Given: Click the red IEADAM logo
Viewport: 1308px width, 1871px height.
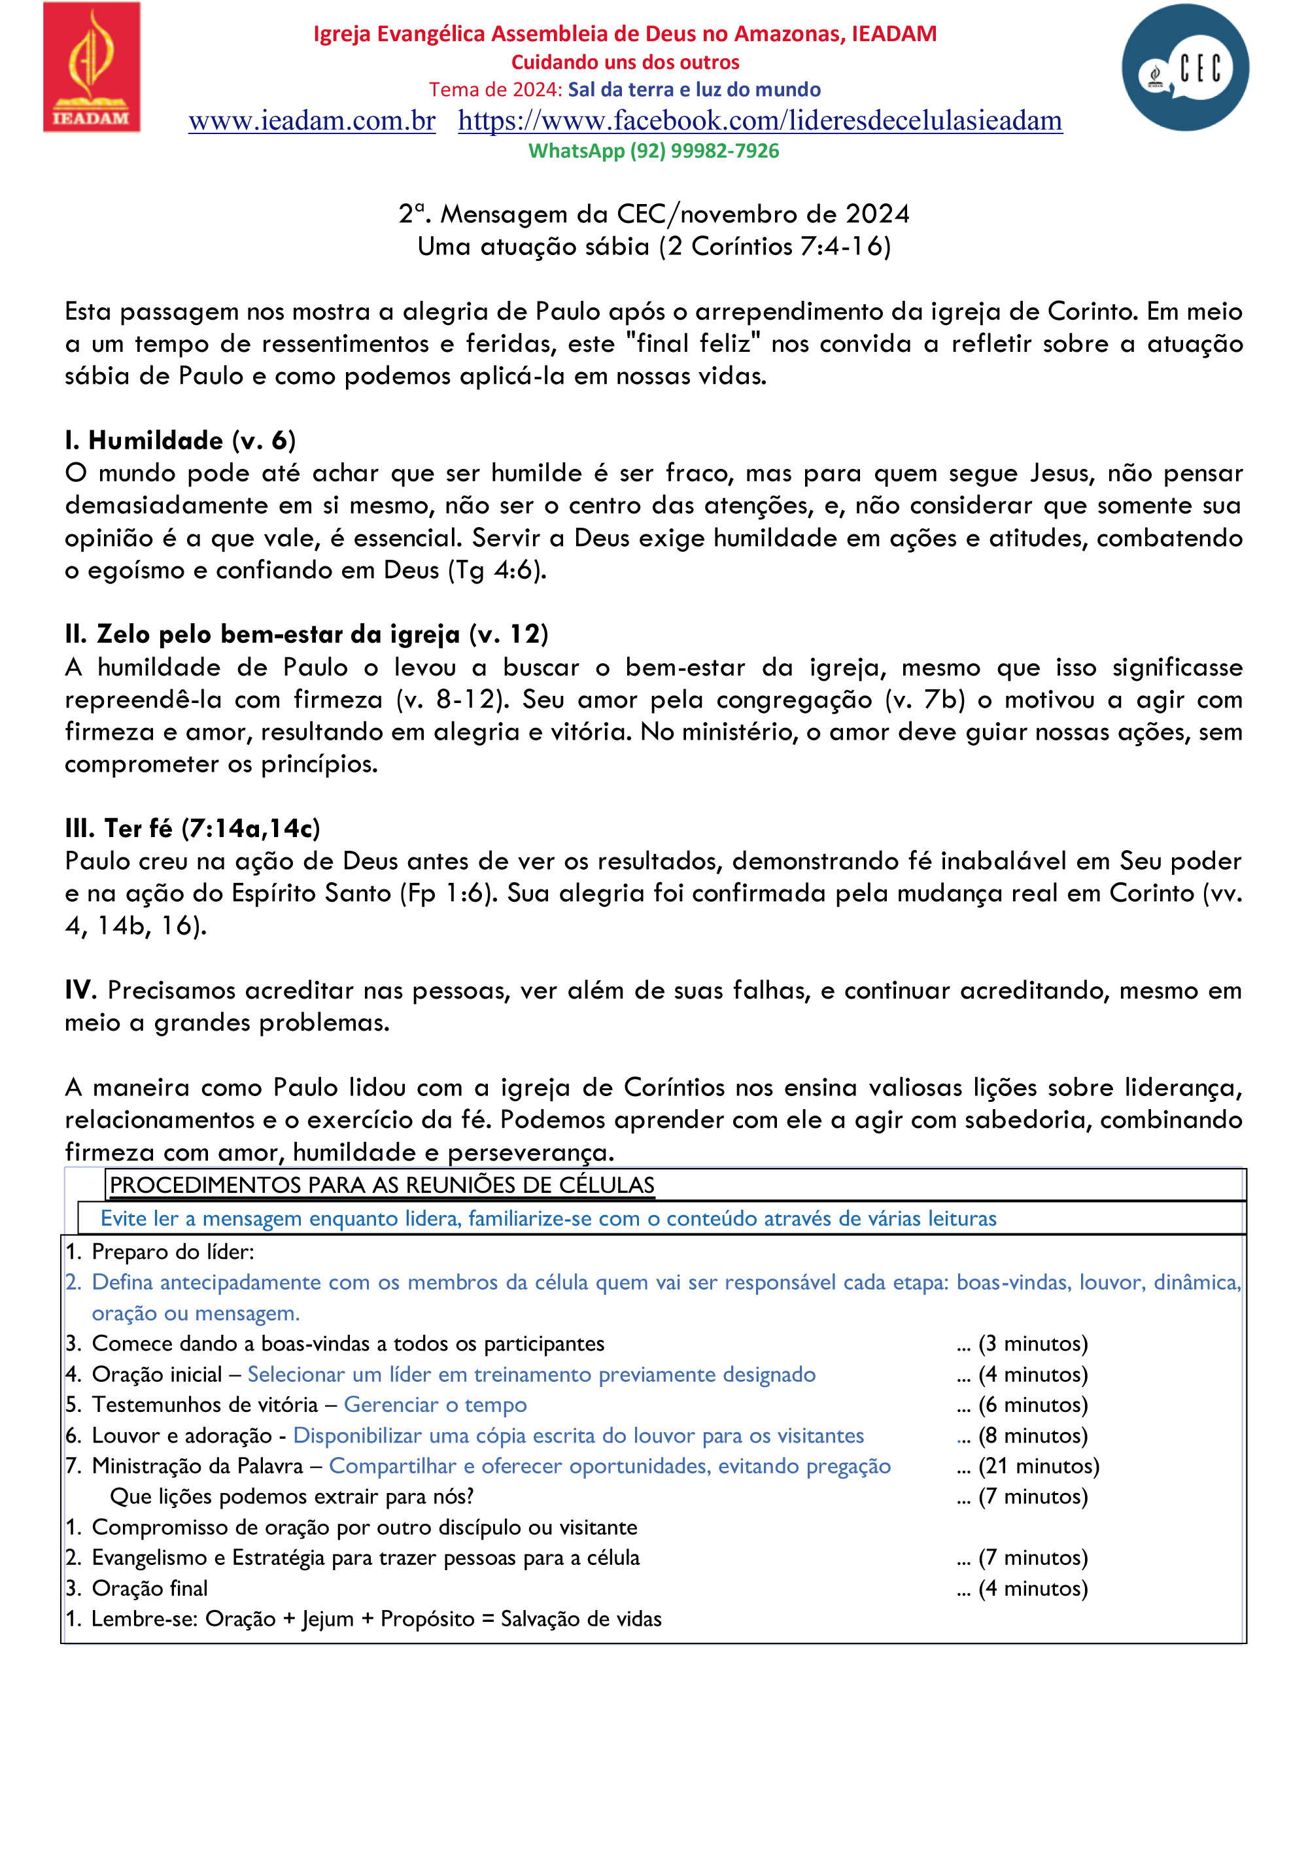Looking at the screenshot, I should [92, 67].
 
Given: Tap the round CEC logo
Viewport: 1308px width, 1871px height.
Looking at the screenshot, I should [1184, 67].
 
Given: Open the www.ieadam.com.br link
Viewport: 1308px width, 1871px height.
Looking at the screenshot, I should [312, 120].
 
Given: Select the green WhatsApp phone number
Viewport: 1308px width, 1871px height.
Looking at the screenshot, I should [704, 151].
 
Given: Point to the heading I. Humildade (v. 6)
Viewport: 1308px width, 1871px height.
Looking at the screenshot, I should [180, 440].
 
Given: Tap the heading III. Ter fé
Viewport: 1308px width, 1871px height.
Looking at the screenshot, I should [192, 828].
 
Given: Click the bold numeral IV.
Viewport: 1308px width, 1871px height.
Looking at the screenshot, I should [80, 990].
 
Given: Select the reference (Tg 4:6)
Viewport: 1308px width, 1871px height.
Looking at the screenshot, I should [497, 570].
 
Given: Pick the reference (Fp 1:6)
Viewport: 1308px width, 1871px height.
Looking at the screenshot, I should [448, 893].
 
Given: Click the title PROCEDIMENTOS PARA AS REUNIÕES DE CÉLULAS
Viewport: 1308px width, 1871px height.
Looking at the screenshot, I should [382, 1185].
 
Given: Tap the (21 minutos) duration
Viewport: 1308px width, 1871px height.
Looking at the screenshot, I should [1039, 1466].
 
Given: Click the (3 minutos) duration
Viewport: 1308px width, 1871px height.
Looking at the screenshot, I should [1033, 1343].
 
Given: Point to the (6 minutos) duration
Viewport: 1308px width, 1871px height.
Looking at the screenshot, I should [1033, 1404].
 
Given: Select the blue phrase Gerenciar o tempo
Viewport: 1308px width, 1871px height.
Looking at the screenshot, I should [435, 1404].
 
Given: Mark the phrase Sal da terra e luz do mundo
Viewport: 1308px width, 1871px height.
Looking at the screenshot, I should [695, 90].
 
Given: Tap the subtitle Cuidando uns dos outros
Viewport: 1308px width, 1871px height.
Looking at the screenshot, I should [625, 62].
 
